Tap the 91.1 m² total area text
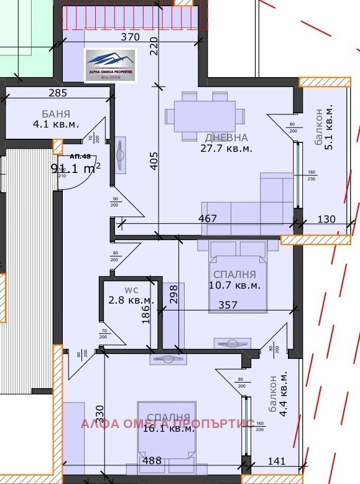tap(75, 167)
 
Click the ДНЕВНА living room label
tap(226, 137)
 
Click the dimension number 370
tap(129, 37)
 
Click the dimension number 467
tap(208, 219)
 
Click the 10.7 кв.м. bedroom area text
tap(234, 285)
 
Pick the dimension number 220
tap(154, 45)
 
